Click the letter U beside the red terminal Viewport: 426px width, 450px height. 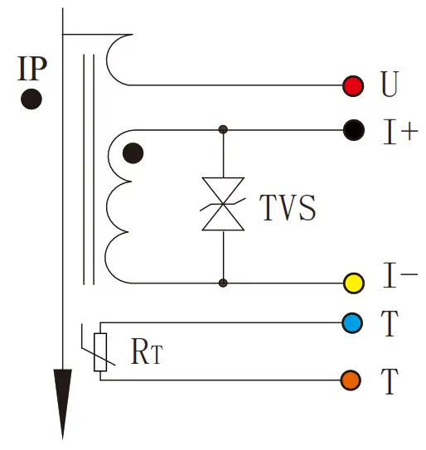(x=390, y=85)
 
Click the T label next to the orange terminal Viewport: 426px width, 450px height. (x=390, y=382)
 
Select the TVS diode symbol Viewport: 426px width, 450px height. (x=223, y=204)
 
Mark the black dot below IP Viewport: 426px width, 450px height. (x=31, y=99)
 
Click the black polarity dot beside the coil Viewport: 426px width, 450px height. (x=133, y=153)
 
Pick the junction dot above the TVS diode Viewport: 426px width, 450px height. (x=223, y=129)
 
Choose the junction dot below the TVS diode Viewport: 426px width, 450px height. (x=223, y=283)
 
